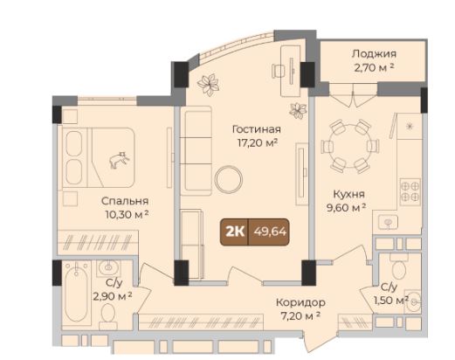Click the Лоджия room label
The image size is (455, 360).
[x=374, y=54]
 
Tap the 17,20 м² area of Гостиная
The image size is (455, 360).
[x=257, y=143]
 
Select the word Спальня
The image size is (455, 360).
[x=125, y=201]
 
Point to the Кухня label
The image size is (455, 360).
[x=348, y=194]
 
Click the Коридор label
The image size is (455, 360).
[x=300, y=302]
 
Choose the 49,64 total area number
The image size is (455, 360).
[x=270, y=232]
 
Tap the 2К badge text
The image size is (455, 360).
[x=235, y=232]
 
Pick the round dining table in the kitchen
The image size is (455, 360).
[x=350, y=146]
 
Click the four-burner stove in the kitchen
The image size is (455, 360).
[x=410, y=191]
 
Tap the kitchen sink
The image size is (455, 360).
[x=388, y=222]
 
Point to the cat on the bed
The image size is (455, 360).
[x=119, y=160]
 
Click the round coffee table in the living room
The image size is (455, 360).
[x=229, y=179]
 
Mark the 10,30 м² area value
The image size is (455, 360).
[x=128, y=215]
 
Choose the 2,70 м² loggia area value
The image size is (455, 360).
[x=374, y=68]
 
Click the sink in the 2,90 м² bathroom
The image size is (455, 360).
[x=108, y=267]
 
